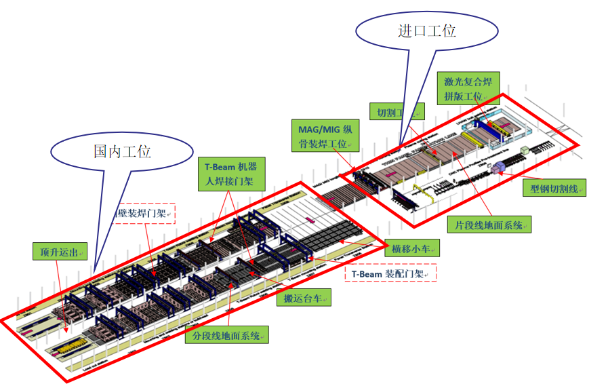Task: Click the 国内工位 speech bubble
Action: [121, 151]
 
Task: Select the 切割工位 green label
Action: [396, 111]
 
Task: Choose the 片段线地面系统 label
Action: [489, 225]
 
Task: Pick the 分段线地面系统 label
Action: [226, 335]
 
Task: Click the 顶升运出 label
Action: [60, 252]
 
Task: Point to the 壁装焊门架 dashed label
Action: [146, 214]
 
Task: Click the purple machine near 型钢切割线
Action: [500, 167]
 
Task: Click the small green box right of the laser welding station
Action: [524, 151]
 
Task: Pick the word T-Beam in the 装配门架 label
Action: [367, 273]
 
